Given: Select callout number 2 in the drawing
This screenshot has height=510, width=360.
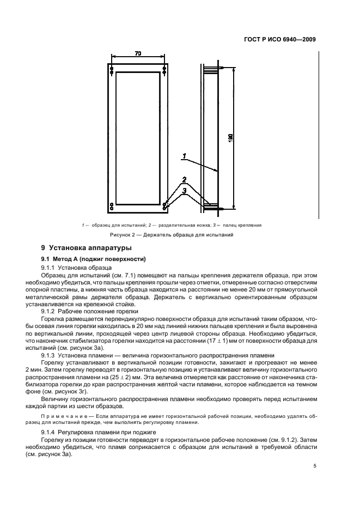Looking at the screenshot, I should (184, 180).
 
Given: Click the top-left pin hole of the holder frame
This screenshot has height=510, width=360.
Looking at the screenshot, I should (111, 69).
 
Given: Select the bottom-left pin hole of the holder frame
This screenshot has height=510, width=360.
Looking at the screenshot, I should (111, 205).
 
